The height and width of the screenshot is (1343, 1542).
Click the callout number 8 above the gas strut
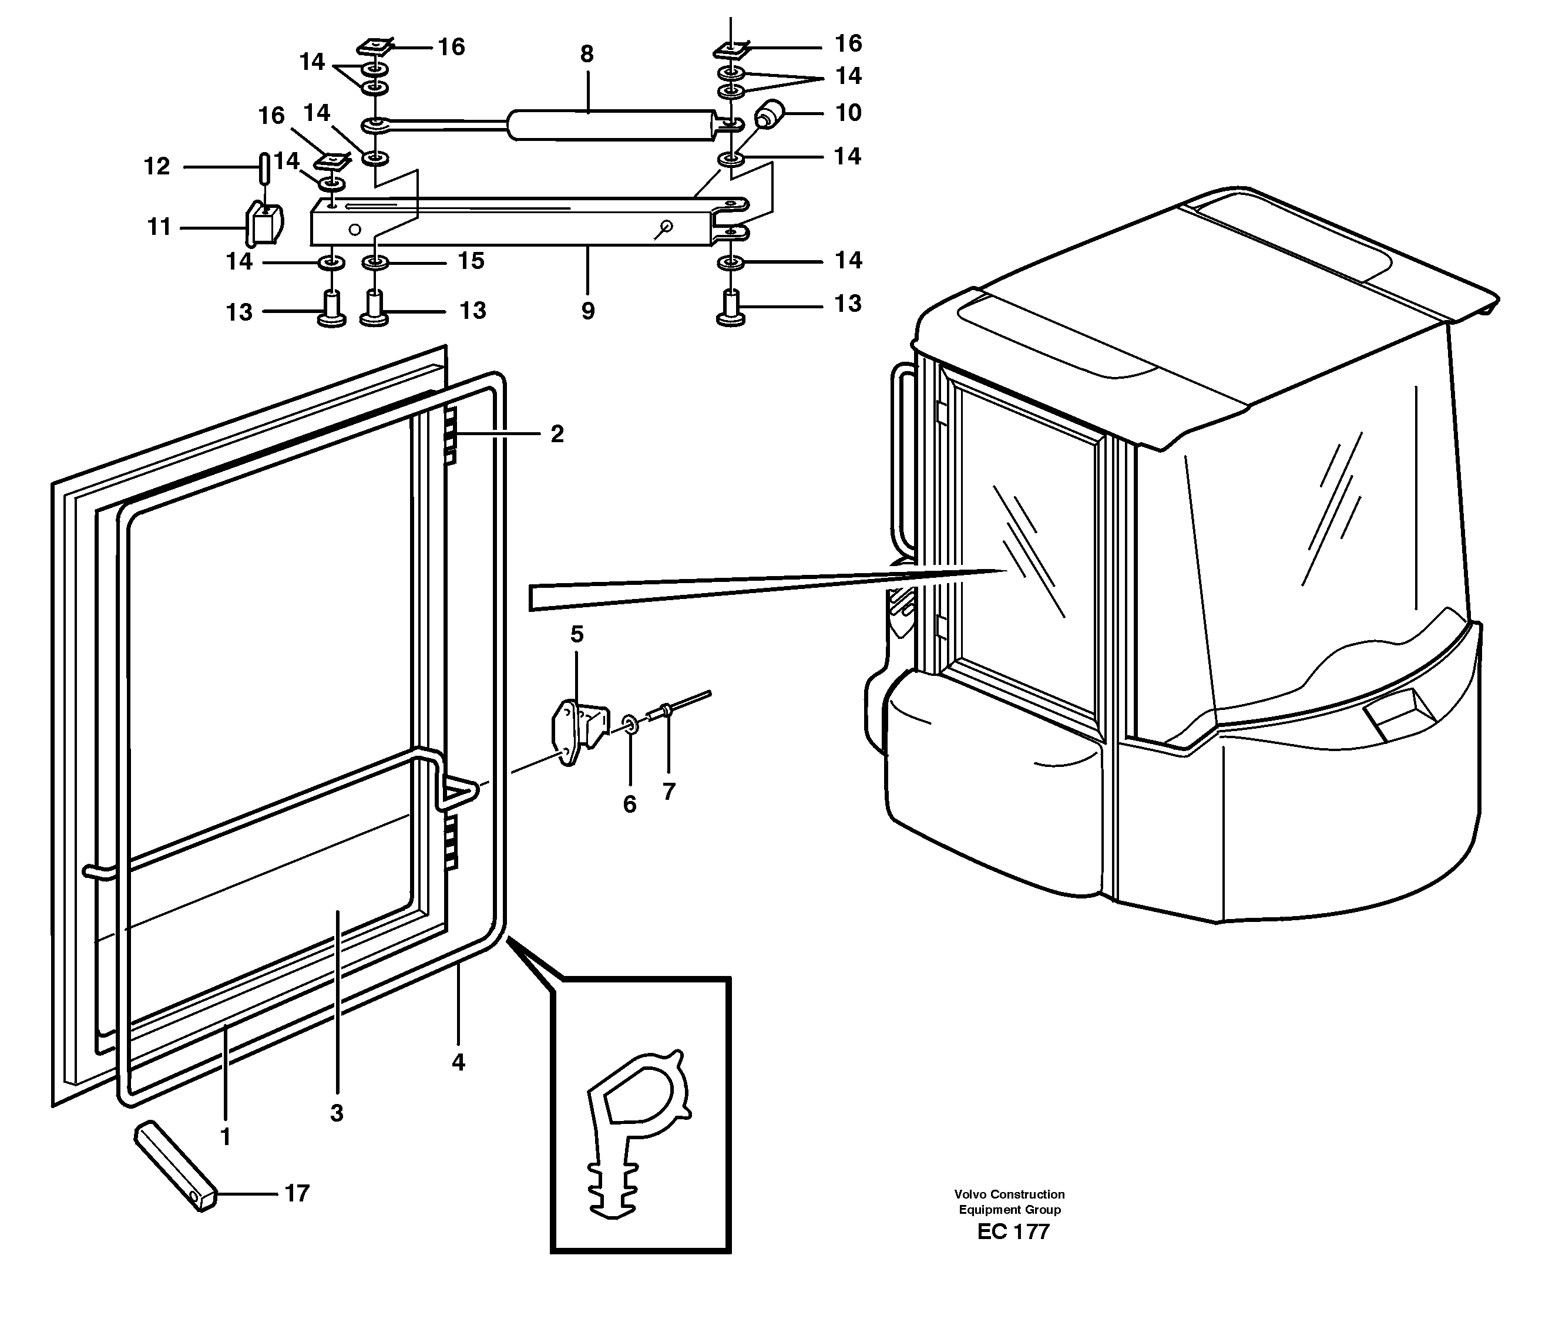[x=586, y=54]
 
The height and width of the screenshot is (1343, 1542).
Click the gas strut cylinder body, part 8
[x=611, y=125]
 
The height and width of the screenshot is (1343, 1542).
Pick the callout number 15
[x=472, y=261]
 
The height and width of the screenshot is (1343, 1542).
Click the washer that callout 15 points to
[x=375, y=263]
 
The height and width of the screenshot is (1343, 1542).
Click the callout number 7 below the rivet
[x=668, y=792]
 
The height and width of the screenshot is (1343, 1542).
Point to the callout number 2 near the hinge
[x=556, y=434]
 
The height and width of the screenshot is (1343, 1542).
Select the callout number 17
[x=297, y=1193]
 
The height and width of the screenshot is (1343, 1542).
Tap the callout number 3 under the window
[x=337, y=1113]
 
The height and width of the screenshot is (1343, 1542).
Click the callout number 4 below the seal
[x=458, y=1062]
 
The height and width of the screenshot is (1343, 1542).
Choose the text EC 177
[x=1013, y=1232]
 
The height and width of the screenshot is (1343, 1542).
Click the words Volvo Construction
[x=1009, y=1194]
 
